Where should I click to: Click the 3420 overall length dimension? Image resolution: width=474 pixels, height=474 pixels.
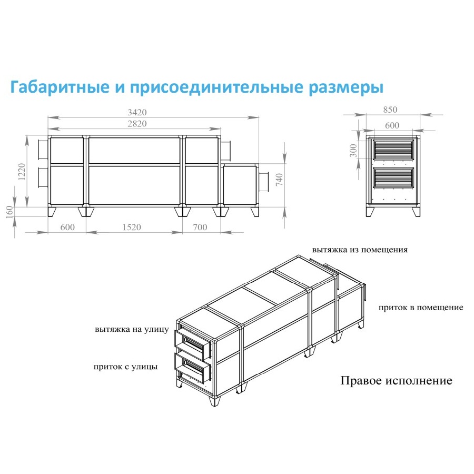pyautogui.click(x=137, y=113)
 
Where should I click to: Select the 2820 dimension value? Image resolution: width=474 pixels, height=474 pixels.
pyautogui.click(x=137, y=124)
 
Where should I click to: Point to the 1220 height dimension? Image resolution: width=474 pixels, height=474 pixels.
pyautogui.click(x=22, y=172)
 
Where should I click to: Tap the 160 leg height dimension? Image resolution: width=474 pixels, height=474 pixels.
pyautogui.click(x=9, y=212)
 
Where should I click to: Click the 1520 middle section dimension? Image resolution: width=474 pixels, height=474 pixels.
pyautogui.click(x=132, y=227)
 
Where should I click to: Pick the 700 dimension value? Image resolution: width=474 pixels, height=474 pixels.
pyautogui.click(x=200, y=227)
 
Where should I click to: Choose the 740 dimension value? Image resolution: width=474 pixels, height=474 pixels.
pyautogui.click(x=279, y=180)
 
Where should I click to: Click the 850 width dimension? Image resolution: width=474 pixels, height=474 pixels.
pyautogui.click(x=390, y=110)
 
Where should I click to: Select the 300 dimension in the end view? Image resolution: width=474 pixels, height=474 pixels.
pyautogui.click(x=353, y=151)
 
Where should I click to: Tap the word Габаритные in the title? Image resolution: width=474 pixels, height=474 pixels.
pyautogui.click(x=60, y=87)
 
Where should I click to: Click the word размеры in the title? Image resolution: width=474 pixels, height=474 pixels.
pyautogui.click(x=346, y=87)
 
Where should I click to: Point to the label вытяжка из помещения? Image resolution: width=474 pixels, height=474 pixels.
pyautogui.click(x=360, y=250)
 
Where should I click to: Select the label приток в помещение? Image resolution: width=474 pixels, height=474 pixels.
pyautogui.click(x=421, y=308)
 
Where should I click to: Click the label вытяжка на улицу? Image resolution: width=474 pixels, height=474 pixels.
pyautogui.click(x=132, y=329)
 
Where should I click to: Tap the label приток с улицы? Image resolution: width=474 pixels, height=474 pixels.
pyautogui.click(x=125, y=367)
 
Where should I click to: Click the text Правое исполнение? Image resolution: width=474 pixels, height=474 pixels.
pyautogui.click(x=396, y=381)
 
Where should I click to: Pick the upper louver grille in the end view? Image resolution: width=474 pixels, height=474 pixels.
pyautogui.click(x=393, y=150)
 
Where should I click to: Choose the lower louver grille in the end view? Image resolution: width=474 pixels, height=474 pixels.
pyautogui.click(x=393, y=178)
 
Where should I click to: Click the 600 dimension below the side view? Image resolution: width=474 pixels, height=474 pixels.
pyautogui.click(x=67, y=227)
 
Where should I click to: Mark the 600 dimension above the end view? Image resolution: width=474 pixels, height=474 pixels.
pyautogui.click(x=392, y=125)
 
